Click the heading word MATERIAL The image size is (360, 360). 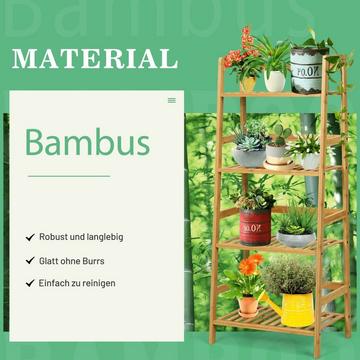coord(95,58)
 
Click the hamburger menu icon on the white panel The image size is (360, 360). coord(171,100)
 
